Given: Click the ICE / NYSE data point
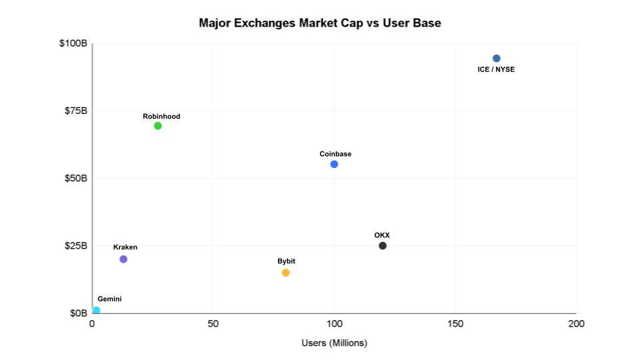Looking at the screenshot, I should pos(496,59).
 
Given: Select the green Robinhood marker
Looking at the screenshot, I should pos(158,126).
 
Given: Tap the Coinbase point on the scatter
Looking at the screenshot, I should pos(334,165).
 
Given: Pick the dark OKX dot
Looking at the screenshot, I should pos(383,246).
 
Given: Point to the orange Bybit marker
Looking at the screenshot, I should pos(286,273).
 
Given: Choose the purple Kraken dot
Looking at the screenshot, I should pos(123,259).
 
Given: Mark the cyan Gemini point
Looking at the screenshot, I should pos(96,311).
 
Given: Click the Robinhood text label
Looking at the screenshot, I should pos(161,117).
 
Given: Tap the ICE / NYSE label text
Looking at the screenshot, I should pos(496,69).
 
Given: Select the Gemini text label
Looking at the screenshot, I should pos(109,299).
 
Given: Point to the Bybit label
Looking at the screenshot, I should pos(286,261).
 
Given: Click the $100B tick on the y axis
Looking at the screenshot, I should pos(73,43).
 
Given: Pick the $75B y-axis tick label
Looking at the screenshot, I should pos(75,111).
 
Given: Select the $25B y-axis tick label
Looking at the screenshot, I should pos(75,246).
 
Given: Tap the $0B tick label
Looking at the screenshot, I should pos(78,313).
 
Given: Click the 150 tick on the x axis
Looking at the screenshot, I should pos(455,324).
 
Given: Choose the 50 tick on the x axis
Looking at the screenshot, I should pos(213,324).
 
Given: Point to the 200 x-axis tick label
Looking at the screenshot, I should pos(576,324).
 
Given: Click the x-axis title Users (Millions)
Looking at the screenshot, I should pos(334,343).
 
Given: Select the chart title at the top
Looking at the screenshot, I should pos(320,23).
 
